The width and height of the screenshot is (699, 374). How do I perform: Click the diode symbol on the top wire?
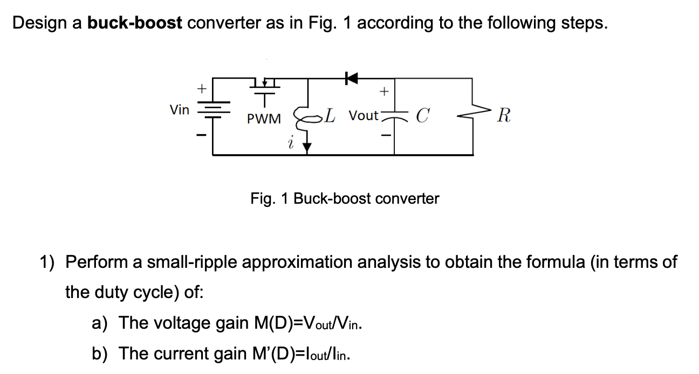coord(352,79)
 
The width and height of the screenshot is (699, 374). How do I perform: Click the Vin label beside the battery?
coord(180,110)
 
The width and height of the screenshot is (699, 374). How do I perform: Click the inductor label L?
coord(330,115)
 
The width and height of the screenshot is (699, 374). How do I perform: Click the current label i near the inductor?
coord(291,143)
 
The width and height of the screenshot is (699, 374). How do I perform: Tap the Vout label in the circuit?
coord(364,115)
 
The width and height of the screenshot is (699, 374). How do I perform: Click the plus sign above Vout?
coord(383,92)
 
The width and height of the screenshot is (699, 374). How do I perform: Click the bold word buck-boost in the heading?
coord(135,23)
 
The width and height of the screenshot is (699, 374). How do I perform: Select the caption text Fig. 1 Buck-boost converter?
coord(345,199)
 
